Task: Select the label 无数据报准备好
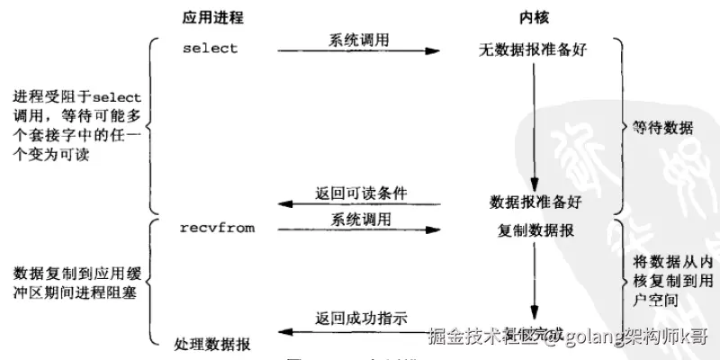pos(533,49)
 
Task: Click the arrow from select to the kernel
pos(360,51)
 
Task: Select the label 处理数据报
pos(212,345)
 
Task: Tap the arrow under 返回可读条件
pos(360,203)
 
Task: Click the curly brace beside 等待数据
pos(620,126)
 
